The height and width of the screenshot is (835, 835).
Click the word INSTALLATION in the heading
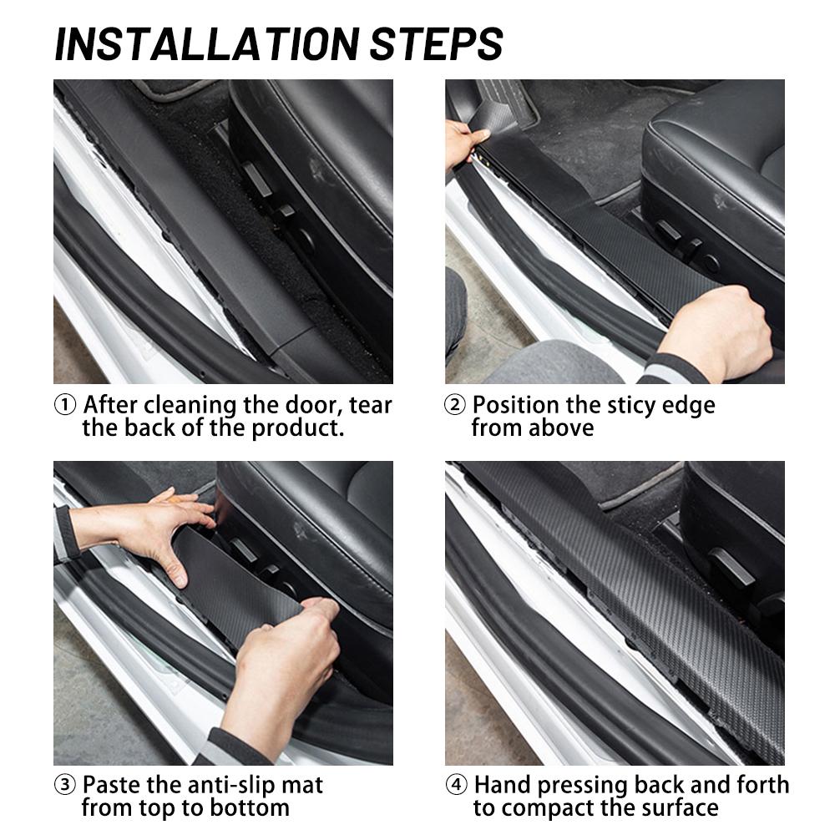[208, 43]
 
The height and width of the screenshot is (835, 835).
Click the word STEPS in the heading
[437, 43]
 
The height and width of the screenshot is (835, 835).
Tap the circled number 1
[65, 405]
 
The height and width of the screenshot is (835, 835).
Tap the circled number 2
[455, 405]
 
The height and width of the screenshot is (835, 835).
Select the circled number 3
[65, 785]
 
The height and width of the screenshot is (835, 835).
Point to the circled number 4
[456, 785]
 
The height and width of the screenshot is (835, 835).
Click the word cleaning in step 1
[190, 407]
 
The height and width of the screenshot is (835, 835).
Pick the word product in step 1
[298, 428]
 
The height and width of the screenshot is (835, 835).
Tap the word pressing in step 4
[582, 786]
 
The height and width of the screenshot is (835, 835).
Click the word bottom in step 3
[250, 808]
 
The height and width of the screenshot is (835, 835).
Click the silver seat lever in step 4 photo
[731, 567]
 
